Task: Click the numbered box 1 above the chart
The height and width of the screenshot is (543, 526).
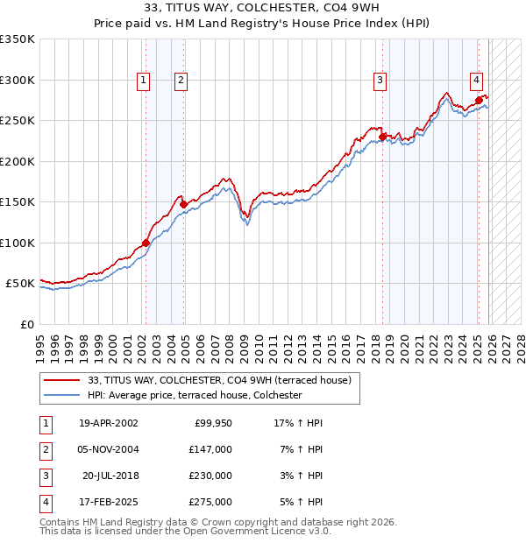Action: (x=143, y=81)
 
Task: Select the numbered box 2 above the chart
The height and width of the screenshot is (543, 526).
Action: (x=181, y=81)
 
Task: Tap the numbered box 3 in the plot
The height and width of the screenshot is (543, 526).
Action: (x=380, y=81)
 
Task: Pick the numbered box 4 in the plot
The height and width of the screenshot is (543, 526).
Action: (x=476, y=81)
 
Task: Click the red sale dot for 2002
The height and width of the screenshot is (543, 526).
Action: (x=146, y=243)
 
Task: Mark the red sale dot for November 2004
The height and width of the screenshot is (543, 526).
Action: (x=183, y=205)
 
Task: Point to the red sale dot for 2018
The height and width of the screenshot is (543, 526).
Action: (x=382, y=137)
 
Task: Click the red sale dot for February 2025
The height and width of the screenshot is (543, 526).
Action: (x=479, y=100)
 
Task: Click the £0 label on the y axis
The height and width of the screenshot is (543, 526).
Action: (x=26, y=324)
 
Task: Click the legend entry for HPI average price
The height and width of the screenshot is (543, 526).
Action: (x=195, y=395)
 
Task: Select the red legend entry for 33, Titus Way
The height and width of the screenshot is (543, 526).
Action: (x=219, y=380)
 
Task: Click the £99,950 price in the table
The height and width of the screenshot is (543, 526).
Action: (x=210, y=423)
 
